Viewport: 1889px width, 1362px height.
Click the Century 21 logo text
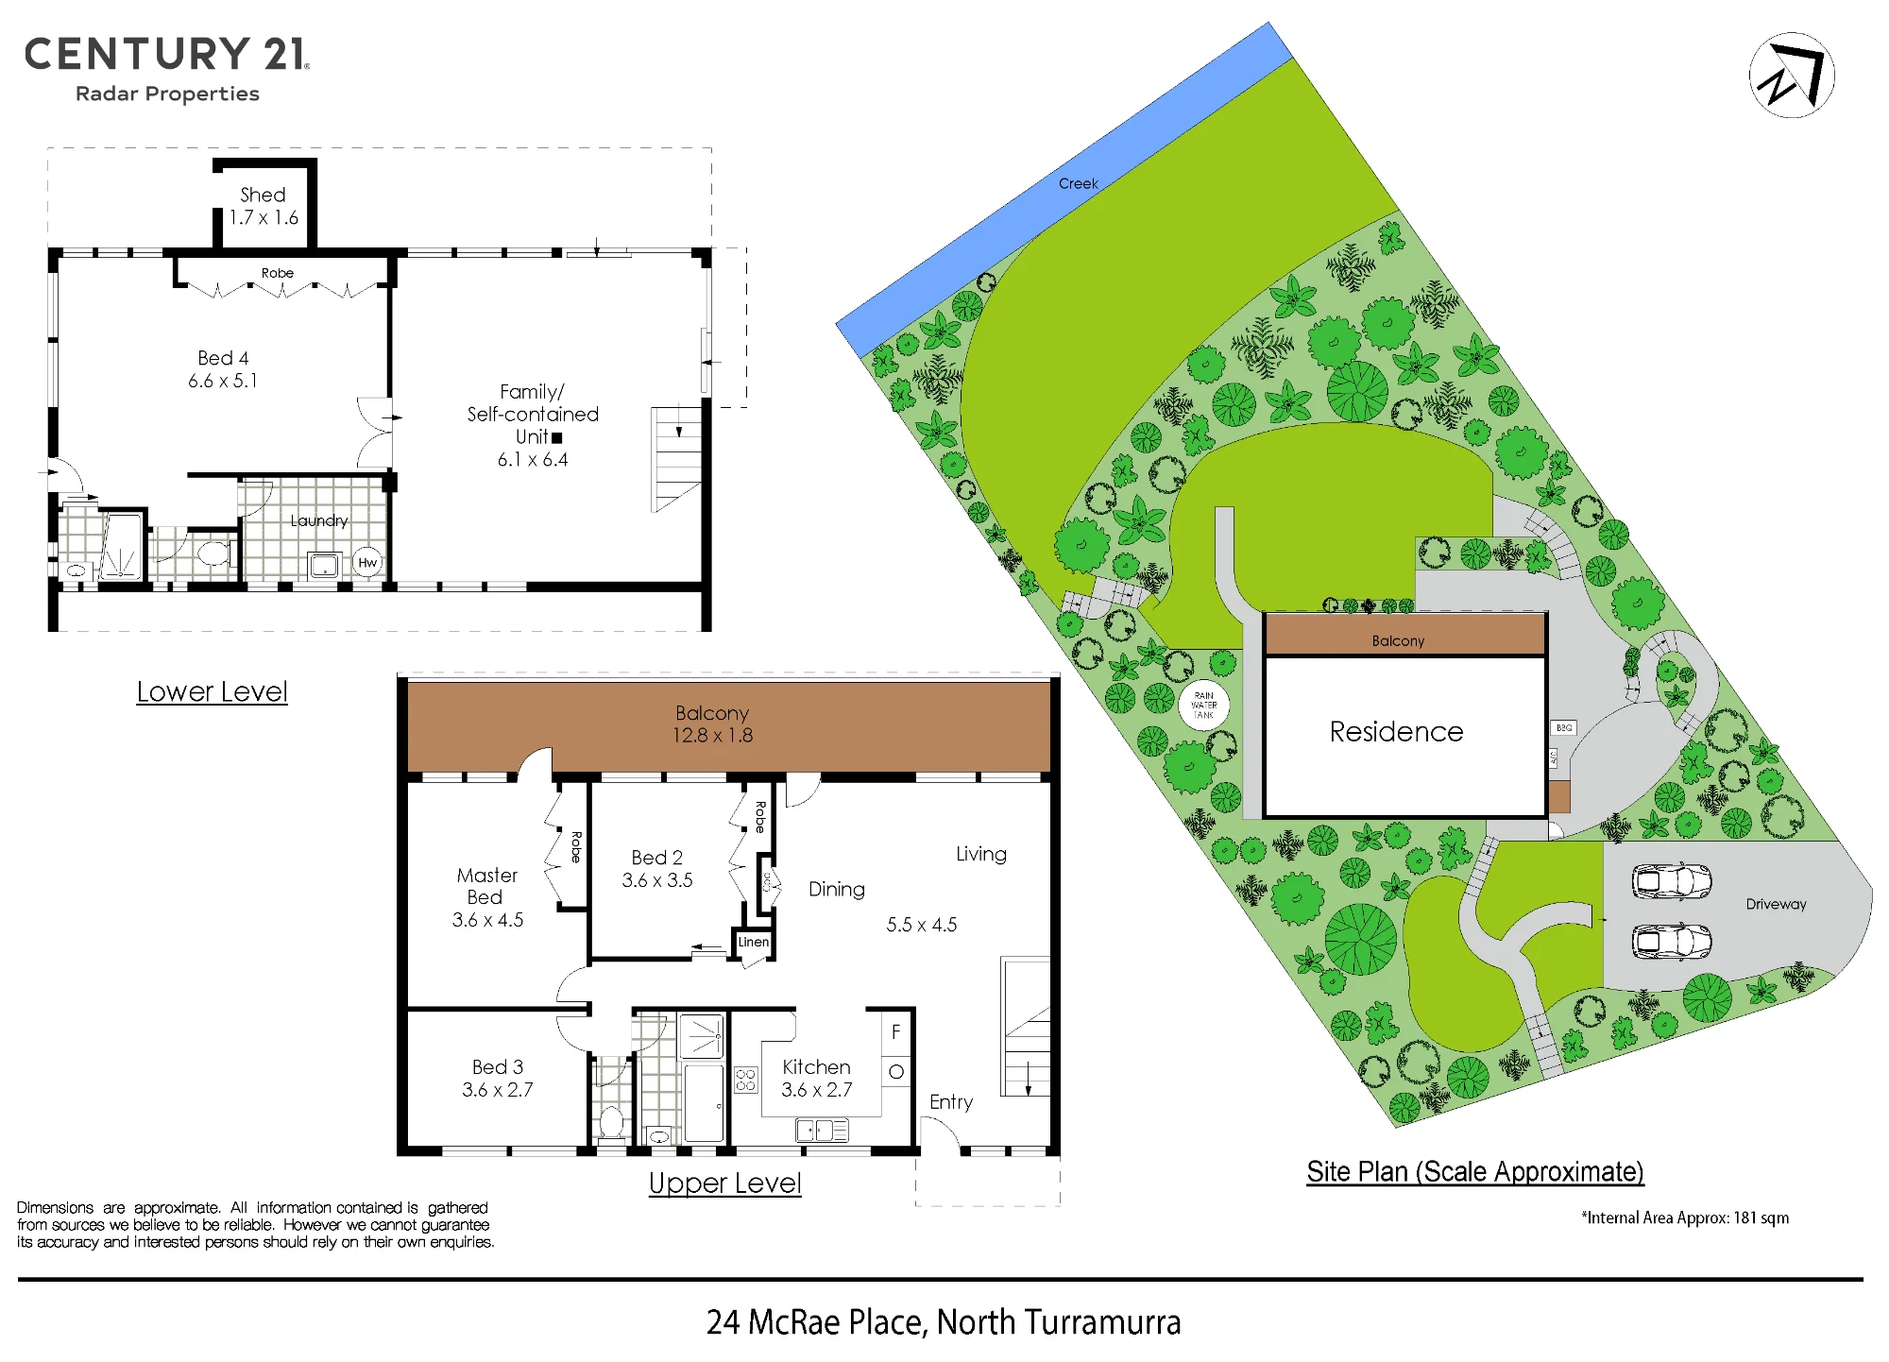coord(166,54)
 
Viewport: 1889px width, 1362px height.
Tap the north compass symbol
coord(1792,76)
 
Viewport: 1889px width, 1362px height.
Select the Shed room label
coord(263,195)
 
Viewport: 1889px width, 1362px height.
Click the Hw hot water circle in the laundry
coord(367,563)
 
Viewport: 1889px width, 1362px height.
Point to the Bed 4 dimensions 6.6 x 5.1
coord(223,381)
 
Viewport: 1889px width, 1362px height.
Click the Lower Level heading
coord(212,691)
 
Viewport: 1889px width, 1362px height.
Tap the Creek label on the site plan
coord(1078,183)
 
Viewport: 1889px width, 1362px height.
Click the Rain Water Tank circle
coord(1203,705)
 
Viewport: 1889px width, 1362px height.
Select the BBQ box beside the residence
coord(1564,728)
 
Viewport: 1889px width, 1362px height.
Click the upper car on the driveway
coord(1672,881)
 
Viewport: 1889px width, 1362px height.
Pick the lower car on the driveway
coord(1672,942)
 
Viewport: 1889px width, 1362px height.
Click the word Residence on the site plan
coord(1396,732)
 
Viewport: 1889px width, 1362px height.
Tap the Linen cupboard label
coord(754,942)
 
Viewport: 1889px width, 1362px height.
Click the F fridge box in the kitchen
coord(896,1032)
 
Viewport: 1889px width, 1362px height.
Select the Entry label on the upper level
coord(951,1102)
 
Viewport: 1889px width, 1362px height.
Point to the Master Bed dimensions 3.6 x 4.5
coord(487,920)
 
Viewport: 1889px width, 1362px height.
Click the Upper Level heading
coord(725,1183)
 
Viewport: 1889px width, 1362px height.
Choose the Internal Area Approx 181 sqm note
coord(1686,1217)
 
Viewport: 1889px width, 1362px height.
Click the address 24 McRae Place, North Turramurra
coord(944,1322)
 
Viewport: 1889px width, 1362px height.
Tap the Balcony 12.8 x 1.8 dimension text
coord(713,735)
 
